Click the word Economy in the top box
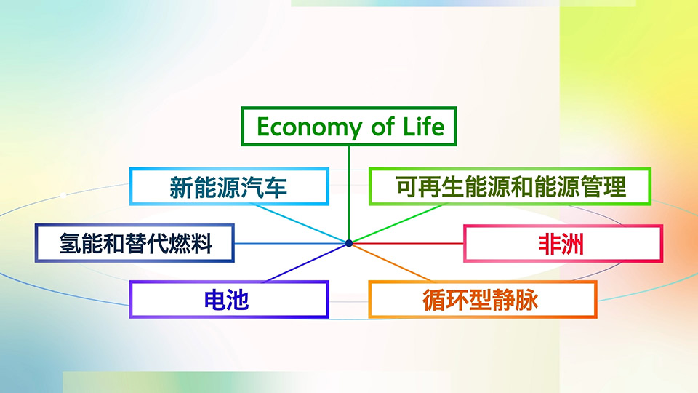[310, 127]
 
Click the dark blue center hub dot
[349, 243]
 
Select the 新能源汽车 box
[229, 186]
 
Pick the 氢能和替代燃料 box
[135, 243]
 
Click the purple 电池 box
[229, 299]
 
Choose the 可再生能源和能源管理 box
[510, 186]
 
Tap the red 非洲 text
[561, 244]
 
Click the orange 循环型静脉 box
[483, 299]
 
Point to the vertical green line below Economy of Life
[349, 193]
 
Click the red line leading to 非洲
[408, 243]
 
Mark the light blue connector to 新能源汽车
[300, 223]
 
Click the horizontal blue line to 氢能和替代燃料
[290, 243]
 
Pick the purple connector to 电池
[306, 263]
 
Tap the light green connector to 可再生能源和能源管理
[398, 223]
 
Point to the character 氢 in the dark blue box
[70, 243]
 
